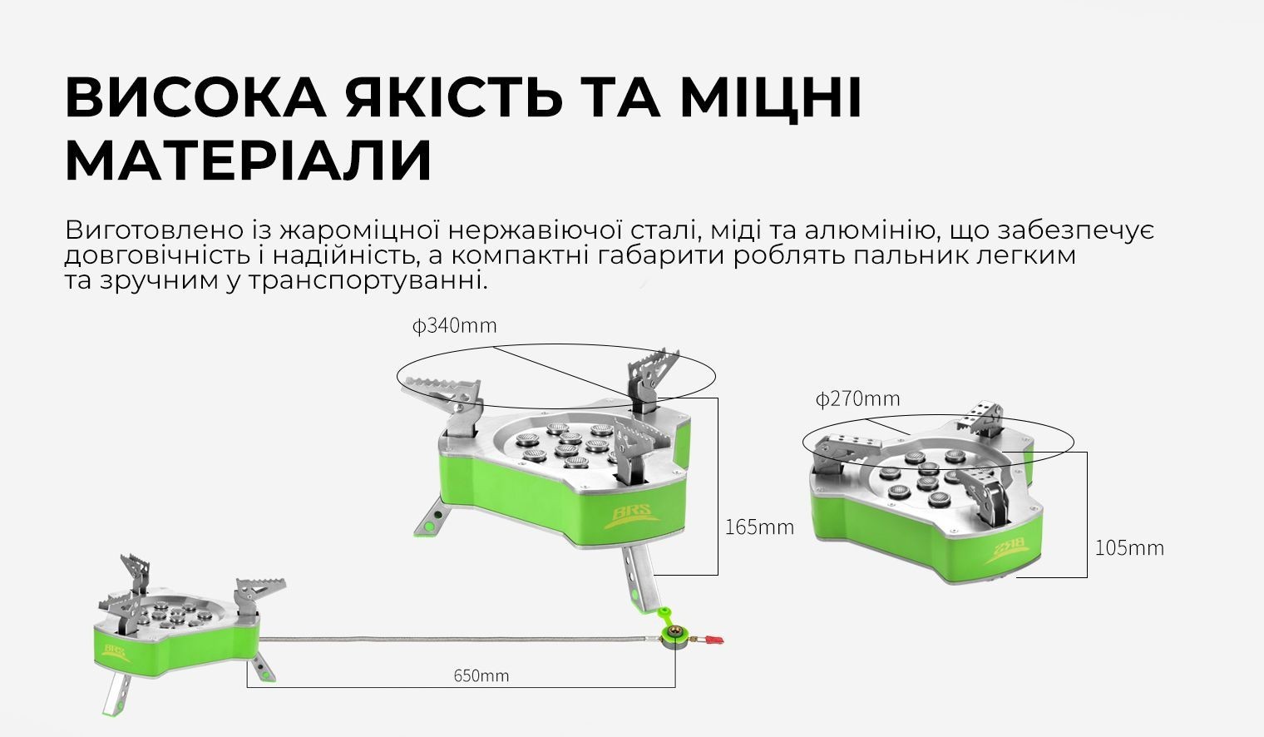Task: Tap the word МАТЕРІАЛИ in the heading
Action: (249, 161)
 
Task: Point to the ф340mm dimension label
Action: (454, 325)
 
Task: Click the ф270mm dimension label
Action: (857, 399)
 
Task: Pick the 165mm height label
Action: (758, 527)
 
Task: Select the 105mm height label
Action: (1128, 548)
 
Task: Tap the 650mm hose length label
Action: (481, 675)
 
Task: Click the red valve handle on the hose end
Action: (714, 640)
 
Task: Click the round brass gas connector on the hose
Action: (672, 638)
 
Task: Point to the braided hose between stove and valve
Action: (457, 639)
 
